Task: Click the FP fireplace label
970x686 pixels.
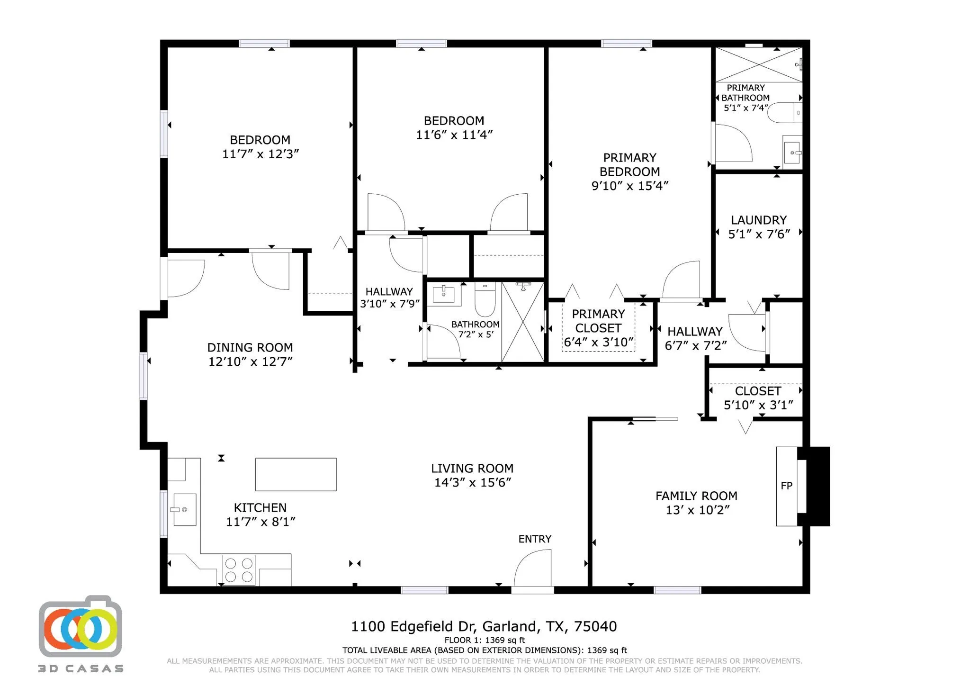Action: tap(786, 486)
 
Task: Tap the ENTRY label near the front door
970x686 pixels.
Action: tap(535, 539)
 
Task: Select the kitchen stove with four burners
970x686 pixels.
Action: tap(239, 570)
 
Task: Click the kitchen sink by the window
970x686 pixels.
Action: tap(184, 509)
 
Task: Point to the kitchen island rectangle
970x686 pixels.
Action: tap(296, 474)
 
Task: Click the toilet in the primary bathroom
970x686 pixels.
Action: tap(784, 113)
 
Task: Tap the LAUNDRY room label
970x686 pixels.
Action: tap(758, 220)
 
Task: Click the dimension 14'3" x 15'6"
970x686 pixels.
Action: tap(473, 482)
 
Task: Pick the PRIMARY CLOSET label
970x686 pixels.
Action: tap(598, 321)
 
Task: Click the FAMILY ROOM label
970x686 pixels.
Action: tap(696, 496)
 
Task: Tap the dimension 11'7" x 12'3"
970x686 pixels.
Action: tap(260, 154)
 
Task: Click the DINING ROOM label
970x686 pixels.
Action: tap(250, 347)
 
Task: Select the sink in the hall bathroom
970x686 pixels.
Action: tap(444, 293)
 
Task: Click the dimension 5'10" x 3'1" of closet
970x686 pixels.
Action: tap(758, 405)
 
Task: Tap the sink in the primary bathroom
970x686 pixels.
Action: tap(792, 152)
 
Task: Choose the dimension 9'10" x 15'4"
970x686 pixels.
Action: tap(629, 186)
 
